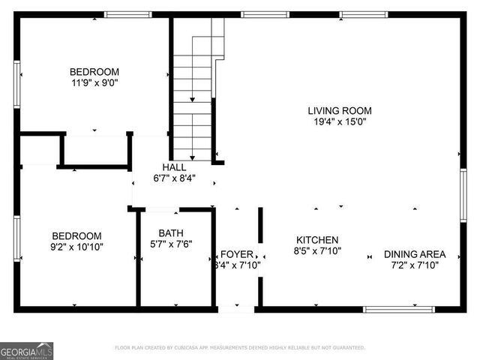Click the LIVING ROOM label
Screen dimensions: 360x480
(340, 111)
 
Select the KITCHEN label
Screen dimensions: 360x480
(317, 240)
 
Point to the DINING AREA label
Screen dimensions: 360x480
(415, 253)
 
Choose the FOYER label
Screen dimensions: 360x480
(236, 254)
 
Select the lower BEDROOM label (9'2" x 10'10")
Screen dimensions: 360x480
(76, 235)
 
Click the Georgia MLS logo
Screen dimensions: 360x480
(27, 350)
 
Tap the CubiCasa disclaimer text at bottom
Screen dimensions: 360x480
(240, 347)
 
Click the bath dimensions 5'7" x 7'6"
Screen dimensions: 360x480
(172, 243)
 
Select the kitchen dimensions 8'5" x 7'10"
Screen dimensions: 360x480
(317, 250)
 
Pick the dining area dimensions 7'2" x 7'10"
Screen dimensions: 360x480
(415, 264)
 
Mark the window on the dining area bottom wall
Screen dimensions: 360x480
(398, 308)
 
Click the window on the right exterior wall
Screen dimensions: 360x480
(463, 195)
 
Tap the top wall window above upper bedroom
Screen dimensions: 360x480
(127, 14)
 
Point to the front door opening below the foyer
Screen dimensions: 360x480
(236, 307)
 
